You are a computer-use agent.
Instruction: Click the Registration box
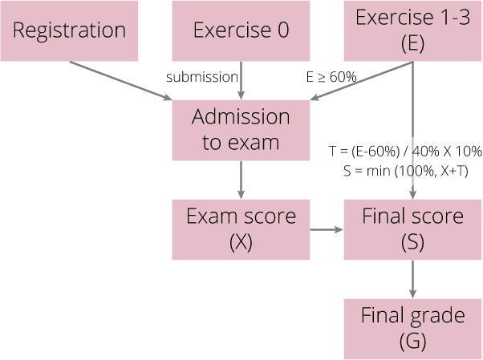tap(70, 30)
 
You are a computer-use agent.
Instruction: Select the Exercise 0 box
tap(241, 30)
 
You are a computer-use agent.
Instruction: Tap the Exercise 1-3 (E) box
tap(412, 30)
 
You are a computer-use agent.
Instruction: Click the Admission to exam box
tap(241, 130)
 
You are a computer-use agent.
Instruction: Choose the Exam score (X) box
tap(241, 229)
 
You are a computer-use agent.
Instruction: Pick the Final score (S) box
tap(412, 229)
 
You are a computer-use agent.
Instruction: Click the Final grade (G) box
tap(412, 328)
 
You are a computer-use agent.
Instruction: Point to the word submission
tap(202, 77)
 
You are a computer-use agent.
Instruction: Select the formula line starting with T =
tap(404, 152)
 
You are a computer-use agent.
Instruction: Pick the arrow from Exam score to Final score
tap(327, 230)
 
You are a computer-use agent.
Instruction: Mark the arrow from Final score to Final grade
tap(412, 278)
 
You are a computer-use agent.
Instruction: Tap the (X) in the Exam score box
tap(241, 241)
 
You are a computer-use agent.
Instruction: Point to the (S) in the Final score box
tap(412, 241)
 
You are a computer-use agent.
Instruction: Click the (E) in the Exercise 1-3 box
tap(412, 45)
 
